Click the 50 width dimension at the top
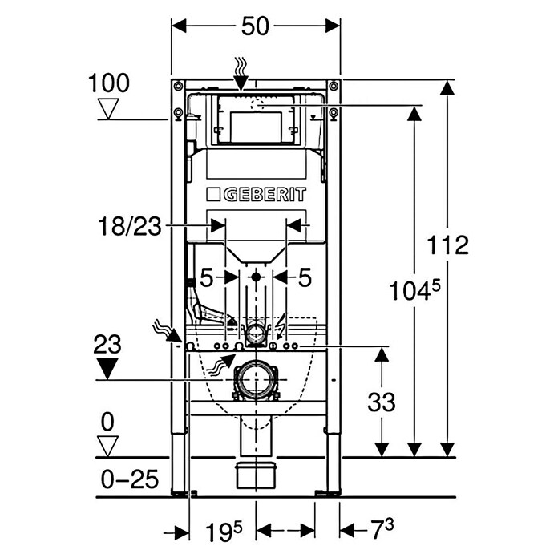point(255,26)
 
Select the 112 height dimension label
point(447,245)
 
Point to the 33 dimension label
point(381,402)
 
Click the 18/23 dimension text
point(130,226)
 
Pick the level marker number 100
point(108,83)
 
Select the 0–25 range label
point(130,479)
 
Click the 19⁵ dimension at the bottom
point(224,532)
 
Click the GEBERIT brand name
point(265,195)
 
